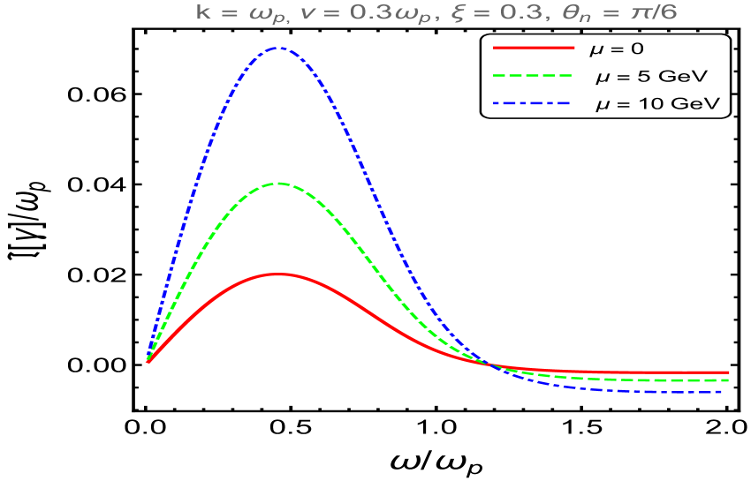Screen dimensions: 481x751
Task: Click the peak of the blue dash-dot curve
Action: point(279,48)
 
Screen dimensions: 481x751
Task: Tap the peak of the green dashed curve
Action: point(279,184)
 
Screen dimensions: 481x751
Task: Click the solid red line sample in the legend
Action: point(534,48)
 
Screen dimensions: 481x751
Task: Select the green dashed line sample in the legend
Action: point(534,76)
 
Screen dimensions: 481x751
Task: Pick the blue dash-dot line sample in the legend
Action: point(534,104)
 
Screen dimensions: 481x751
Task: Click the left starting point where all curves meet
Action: point(148,361)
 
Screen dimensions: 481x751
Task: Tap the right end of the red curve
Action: point(728,372)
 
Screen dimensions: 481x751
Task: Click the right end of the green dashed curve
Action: point(728,380)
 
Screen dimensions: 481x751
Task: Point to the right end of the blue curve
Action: point(728,391)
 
